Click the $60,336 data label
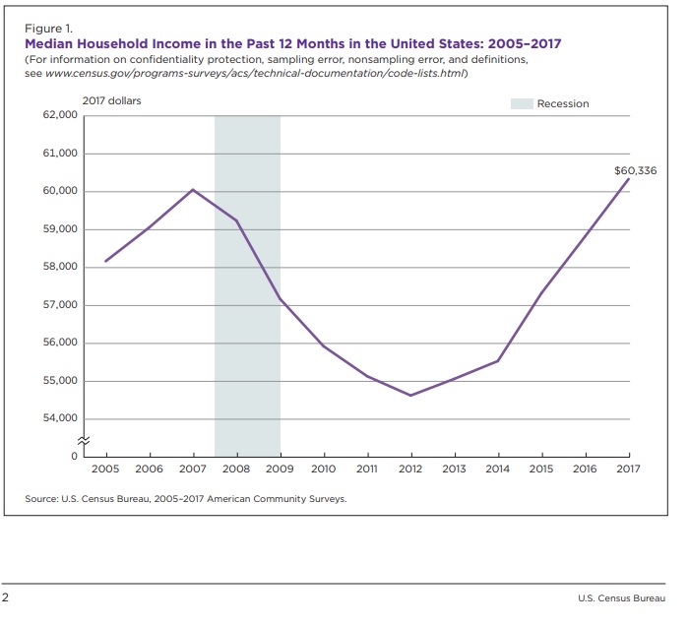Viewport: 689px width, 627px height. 635,171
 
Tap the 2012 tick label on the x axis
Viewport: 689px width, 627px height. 409,470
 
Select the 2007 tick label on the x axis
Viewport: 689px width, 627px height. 193,470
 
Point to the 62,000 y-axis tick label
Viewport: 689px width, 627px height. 60,116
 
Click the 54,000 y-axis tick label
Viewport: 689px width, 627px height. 60,419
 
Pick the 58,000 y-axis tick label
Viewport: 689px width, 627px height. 60,268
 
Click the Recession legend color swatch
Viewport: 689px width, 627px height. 521,103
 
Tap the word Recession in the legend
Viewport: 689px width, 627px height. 563,103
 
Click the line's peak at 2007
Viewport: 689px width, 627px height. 193,189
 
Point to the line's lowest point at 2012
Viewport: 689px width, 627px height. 409,396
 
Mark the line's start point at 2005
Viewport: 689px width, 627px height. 105,261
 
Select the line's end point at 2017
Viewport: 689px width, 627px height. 629,178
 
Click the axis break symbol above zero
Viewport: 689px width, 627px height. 85,440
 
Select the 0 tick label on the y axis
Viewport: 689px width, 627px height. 73,457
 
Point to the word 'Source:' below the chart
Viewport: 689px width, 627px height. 41,499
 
